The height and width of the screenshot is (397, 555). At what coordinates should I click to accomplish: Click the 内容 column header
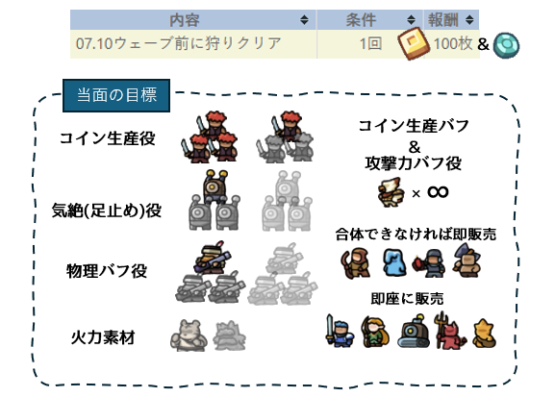coord(185,20)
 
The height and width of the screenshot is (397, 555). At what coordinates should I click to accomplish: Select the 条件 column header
coord(361,20)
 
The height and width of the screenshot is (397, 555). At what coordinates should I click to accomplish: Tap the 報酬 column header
coord(443,20)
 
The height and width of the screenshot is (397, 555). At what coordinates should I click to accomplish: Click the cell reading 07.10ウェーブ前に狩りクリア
coord(179,43)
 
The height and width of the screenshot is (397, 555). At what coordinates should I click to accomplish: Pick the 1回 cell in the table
coord(370,43)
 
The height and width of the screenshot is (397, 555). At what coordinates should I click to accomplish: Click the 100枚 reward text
coord(453,43)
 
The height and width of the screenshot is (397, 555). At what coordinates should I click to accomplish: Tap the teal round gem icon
coord(507,45)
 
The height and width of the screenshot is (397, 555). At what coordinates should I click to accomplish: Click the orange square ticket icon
coord(414,43)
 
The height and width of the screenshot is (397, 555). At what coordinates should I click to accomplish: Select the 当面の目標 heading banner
coord(116,95)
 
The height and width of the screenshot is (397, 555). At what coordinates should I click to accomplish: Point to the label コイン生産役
coord(107,138)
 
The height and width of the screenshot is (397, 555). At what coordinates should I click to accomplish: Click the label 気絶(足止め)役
coord(107,211)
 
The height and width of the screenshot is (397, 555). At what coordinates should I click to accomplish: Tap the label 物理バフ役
coord(107,271)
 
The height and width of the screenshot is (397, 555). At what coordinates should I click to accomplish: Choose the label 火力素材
coord(103,337)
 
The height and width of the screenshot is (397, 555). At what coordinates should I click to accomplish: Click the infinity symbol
coord(438,192)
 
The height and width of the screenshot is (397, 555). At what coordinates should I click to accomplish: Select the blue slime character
coord(395,261)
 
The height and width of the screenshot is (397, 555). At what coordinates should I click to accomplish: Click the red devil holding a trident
coord(450,331)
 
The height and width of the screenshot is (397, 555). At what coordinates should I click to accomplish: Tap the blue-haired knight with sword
coord(340,332)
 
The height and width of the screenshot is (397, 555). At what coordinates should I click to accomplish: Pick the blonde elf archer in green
coord(375,332)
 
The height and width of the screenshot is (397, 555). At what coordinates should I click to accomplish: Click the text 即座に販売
coord(407,299)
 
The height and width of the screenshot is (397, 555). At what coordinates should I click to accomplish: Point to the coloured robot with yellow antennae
coord(215,186)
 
